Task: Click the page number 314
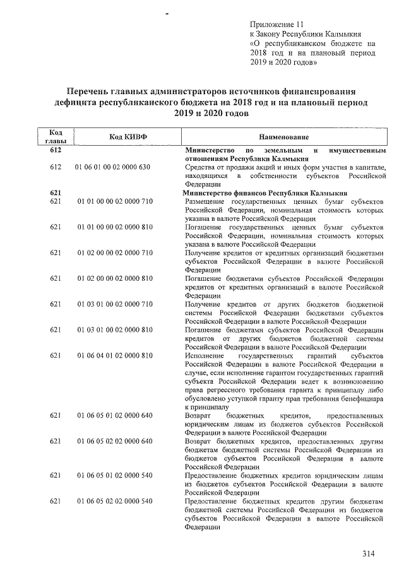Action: coord(368,553)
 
